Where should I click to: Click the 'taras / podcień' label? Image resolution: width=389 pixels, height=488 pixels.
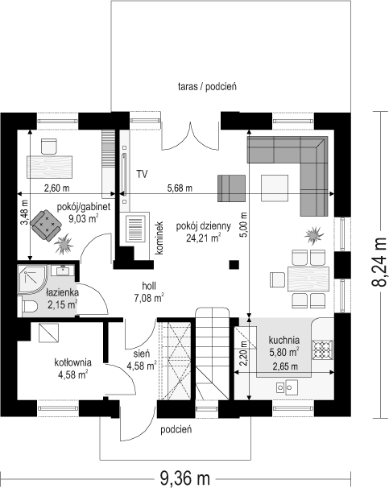coord(207,86)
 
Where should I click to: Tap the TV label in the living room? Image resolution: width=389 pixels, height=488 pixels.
coord(142,174)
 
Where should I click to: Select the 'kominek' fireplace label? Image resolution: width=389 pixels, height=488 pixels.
coord(159,238)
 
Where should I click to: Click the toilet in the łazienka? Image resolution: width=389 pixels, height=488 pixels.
coord(30,307)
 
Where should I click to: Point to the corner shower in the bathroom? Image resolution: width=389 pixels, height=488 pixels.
coord(31,279)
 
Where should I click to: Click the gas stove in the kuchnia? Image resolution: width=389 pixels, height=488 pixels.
coord(323,350)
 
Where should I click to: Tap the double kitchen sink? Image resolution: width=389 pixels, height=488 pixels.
coord(287,387)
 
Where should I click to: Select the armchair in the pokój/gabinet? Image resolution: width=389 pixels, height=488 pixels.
coord(47,225)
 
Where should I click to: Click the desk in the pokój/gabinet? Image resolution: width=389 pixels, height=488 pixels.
coord(49,167)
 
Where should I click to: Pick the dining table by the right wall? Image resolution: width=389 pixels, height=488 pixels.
coord(308,279)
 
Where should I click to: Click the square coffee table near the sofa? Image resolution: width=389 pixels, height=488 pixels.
coord(275,188)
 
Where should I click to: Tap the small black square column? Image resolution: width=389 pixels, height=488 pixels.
coord(234,265)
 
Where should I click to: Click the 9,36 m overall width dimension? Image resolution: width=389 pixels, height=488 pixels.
coord(185,477)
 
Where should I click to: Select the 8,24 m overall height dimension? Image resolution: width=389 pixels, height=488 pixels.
coord(379,262)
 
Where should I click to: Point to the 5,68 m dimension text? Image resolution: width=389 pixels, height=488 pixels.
coord(180,188)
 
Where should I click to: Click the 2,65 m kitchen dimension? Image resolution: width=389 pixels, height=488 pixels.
coord(285,366)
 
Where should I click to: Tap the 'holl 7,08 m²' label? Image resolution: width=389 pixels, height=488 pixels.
coord(149,292)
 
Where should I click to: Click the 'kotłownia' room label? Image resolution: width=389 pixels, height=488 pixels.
coord(72,362)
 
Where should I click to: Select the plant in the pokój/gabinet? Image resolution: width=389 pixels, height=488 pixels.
coord(64,244)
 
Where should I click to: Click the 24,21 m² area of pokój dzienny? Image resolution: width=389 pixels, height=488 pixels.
coord(204,238)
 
